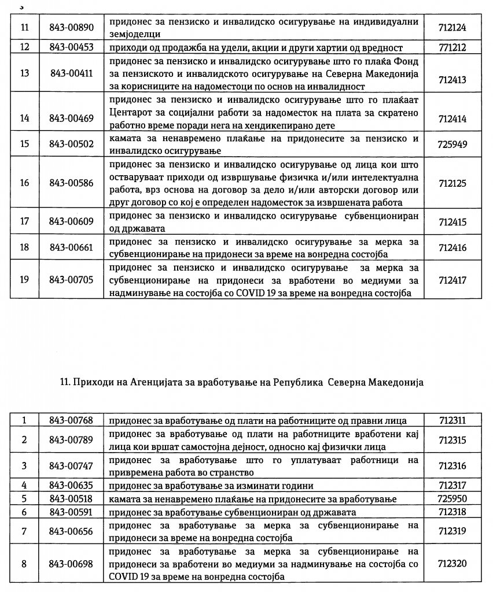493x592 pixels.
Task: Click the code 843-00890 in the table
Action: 71,27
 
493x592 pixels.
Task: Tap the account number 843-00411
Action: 71,73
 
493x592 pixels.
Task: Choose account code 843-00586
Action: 71,183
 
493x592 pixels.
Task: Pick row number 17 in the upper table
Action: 24,221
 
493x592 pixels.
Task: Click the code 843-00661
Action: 71,247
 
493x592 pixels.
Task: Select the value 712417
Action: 452,280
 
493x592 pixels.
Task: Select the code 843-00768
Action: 71,420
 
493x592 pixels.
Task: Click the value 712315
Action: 452,440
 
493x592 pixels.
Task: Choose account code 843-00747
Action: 71,465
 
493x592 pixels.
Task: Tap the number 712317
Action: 452,484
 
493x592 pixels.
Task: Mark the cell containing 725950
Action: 452,498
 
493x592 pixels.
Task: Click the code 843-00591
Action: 71,512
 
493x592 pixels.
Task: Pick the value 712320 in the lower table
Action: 452,563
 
